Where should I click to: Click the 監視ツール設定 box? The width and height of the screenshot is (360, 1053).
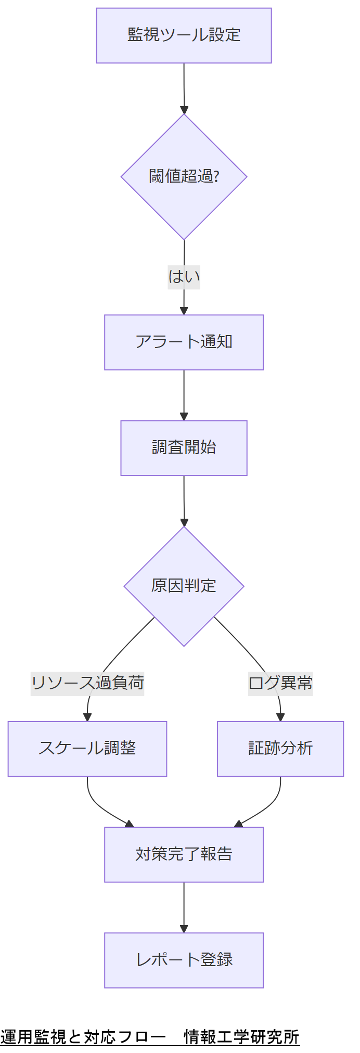pos(184,35)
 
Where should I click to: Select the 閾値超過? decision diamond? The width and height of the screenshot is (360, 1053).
pos(184,176)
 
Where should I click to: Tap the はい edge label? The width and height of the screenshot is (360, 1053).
pos(184,277)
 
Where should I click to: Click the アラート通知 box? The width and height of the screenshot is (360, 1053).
pos(184,342)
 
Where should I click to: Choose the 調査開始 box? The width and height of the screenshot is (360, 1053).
pos(184,448)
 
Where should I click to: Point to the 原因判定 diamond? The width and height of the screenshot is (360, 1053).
pos(184,586)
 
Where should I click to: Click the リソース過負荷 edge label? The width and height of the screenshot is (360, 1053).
pos(87,683)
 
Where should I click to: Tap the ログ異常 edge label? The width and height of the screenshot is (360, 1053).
pos(280,683)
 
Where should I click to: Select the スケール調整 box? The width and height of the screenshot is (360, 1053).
pos(87,749)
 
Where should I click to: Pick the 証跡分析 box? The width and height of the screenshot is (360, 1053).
pos(280,749)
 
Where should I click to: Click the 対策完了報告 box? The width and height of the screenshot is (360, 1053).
pos(184,854)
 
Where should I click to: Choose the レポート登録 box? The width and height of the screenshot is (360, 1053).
pos(184,960)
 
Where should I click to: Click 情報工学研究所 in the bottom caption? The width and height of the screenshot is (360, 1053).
pos(241,1036)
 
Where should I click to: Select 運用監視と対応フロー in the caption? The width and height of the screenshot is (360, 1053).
pos(83,1036)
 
